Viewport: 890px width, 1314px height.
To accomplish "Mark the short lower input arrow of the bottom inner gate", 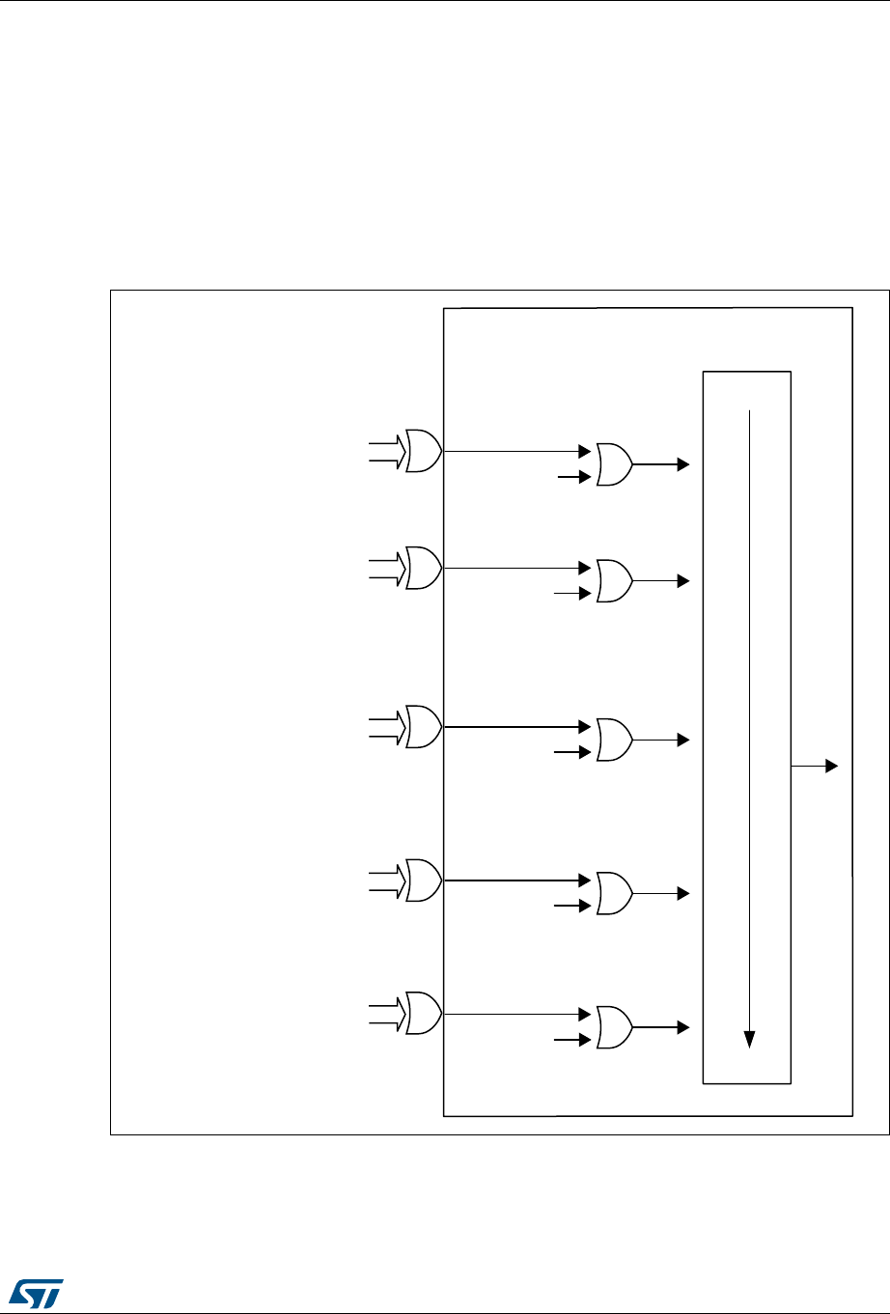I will [x=571, y=1040].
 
